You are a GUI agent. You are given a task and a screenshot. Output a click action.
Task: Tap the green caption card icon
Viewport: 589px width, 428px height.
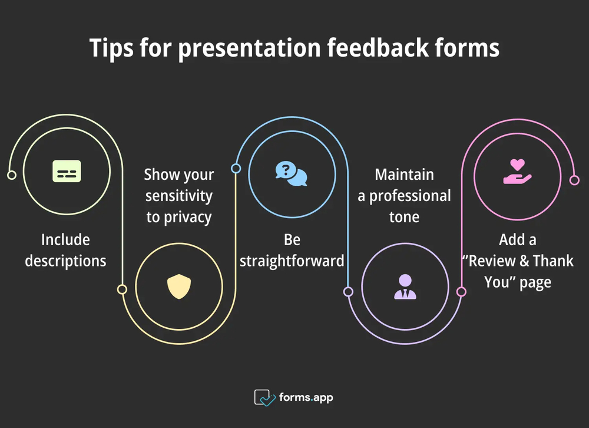coord(67,171)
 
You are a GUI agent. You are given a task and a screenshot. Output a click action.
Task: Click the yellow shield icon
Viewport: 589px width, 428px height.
coord(178,287)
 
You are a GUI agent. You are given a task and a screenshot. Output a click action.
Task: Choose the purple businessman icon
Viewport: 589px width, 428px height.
coord(405,287)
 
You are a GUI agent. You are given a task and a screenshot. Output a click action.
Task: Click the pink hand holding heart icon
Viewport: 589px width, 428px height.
coord(517,172)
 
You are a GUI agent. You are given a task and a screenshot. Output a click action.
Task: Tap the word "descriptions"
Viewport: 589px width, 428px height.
coord(65,261)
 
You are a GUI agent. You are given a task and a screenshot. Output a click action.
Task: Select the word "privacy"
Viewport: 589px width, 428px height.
coord(188,217)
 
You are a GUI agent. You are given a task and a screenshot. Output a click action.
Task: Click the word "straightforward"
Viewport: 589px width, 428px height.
coord(292,261)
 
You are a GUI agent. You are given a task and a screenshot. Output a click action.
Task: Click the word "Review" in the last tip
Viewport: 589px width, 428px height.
coord(494,261)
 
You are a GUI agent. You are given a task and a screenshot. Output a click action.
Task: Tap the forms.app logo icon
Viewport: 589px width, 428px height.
coord(264,397)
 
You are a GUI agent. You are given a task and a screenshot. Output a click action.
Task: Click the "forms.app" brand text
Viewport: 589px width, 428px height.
coord(306,397)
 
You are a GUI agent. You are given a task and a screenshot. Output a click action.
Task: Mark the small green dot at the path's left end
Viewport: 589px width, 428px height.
coord(11,175)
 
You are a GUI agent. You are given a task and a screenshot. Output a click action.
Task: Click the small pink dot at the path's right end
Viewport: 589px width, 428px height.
coord(575,180)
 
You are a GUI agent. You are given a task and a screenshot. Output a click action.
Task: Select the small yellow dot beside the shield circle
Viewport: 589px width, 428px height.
coord(122,289)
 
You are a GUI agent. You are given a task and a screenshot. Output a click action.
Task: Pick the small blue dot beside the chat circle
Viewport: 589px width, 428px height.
coord(236,169)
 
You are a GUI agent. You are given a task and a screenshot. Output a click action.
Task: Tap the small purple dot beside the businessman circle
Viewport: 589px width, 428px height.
coord(348,291)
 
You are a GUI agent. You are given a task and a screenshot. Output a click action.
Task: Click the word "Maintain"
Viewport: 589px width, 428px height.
coord(404,175)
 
